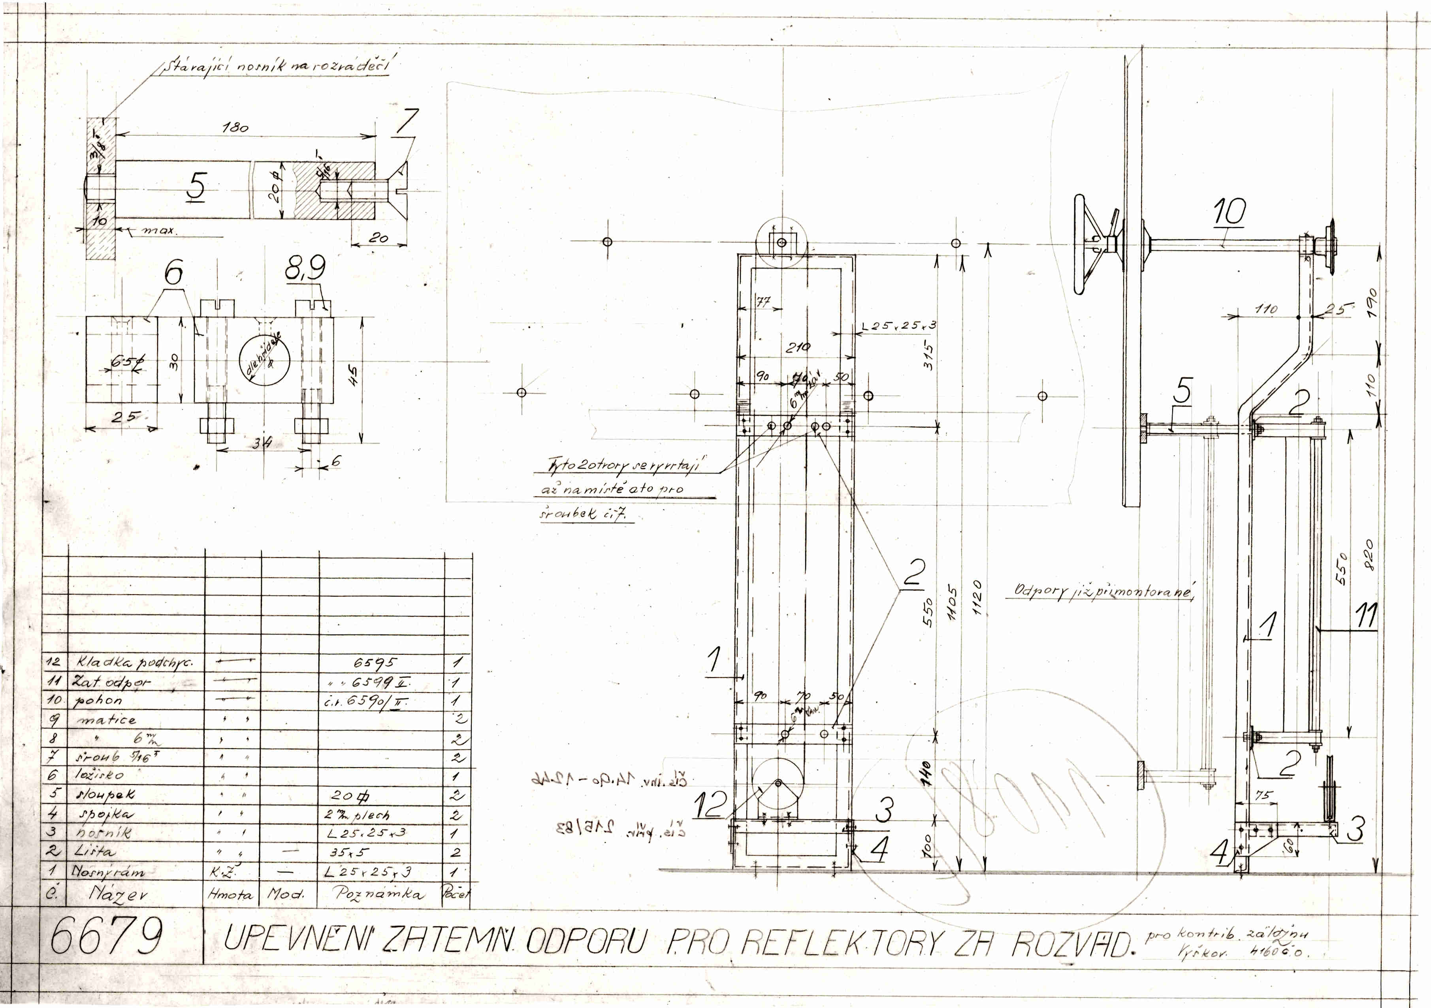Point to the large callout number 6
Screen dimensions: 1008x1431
point(174,272)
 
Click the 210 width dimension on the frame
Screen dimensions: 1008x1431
point(798,347)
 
